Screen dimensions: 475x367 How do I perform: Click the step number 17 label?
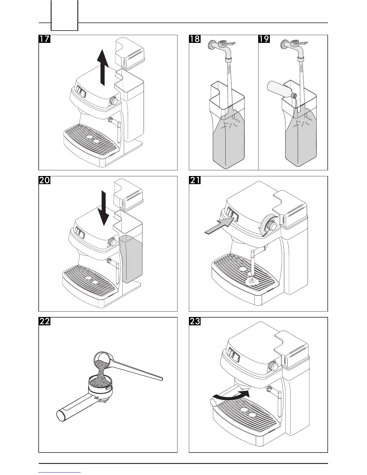[x=44, y=39]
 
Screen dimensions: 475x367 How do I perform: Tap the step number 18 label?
[x=195, y=39]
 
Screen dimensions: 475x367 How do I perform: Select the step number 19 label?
[x=264, y=39]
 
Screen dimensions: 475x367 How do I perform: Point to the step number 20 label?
[x=44, y=180]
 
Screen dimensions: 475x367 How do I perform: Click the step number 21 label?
[x=195, y=180]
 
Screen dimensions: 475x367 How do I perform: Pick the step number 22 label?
[x=44, y=321]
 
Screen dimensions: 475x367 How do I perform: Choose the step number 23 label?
[x=195, y=321]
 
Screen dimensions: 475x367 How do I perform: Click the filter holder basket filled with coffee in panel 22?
[x=99, y=382]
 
